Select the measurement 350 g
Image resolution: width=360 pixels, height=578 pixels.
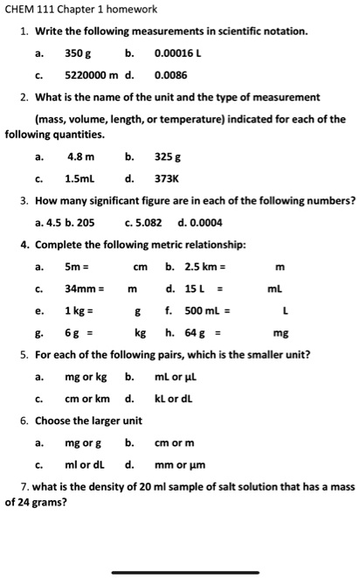click(80, 53)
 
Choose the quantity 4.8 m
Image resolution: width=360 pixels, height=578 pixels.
click(80, 158)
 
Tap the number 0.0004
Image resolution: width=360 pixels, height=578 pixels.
click(197, 222)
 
